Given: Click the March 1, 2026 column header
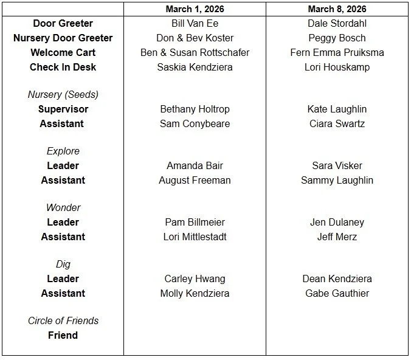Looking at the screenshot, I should [x=195, y=9].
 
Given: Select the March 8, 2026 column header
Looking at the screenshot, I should [x=337, y=9].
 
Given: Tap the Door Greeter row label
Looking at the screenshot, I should [x=63, y=24].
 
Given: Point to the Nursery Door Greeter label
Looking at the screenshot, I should [x=63, y=38].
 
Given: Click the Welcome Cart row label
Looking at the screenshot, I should [x=63, y=53].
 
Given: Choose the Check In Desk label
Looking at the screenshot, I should [x=63, y=67].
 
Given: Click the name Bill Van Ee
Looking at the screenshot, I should [x=195, y=24].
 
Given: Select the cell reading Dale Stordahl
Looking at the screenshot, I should [x=337, y=24].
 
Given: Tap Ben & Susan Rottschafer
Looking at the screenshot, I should [x=195, y=53].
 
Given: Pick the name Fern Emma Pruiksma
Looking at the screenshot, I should [x=337, y=53].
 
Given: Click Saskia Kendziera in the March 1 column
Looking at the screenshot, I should [x=195, y=67].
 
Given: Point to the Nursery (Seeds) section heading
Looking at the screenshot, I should [x=63, y=95].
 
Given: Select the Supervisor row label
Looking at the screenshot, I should [x=63, y=109].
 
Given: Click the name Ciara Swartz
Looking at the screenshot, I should [x=337, y=124].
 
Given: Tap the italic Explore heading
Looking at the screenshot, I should [x=63, y=151].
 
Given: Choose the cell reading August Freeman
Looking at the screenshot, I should [x=195, y=181].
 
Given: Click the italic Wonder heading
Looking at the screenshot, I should [x=63, y=208].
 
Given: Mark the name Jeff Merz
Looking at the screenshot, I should [x=337, y=237].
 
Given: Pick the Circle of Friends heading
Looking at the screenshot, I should [x=63, y=321].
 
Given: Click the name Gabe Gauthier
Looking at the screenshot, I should [x=337, y=294].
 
